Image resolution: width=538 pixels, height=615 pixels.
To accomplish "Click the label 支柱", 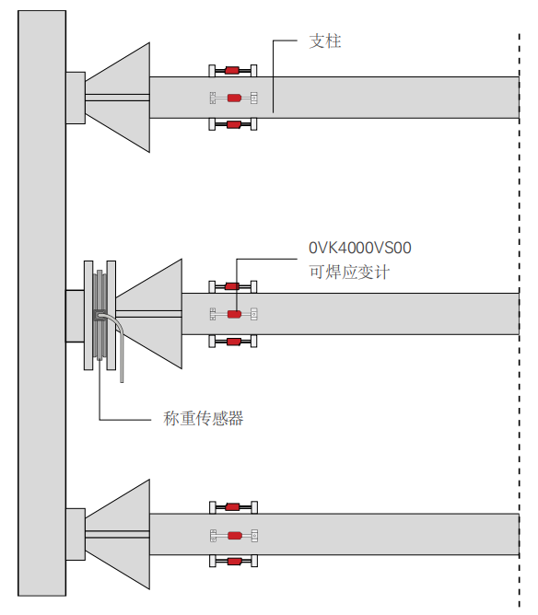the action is click(x=325, y=41).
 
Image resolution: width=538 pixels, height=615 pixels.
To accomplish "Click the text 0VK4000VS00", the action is click(x=360, y=248).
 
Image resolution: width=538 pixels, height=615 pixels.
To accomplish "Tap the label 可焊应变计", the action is click(x=349, y=273).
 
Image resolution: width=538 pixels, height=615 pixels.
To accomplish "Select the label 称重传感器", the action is click(x=204, y=419).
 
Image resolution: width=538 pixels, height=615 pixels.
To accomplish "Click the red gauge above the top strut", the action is click(x=232, y=71).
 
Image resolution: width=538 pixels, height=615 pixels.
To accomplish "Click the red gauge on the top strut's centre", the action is click(x=234, y=98).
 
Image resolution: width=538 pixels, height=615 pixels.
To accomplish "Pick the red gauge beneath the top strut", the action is click(x=233, y=124).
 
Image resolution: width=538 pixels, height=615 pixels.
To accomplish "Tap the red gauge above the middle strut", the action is click(x=232, y=286).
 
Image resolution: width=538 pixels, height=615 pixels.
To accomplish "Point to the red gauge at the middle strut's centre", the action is click(x=234, y=314).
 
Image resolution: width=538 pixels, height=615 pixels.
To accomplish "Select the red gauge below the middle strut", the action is click(x=233, y=342).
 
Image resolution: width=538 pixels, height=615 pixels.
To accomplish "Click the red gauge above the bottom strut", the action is click(x=232, y=507).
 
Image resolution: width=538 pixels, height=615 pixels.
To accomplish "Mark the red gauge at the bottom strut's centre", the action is click(x=235, y=536).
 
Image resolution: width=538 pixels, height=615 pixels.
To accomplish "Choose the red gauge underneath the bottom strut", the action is click(x=234, y=562).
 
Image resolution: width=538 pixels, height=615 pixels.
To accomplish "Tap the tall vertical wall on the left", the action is click(x=42, y=303).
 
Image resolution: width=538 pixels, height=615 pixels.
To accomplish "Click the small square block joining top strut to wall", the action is click(x=76, y=99).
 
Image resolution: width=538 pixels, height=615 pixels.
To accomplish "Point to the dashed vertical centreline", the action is click(x=520, y=319).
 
